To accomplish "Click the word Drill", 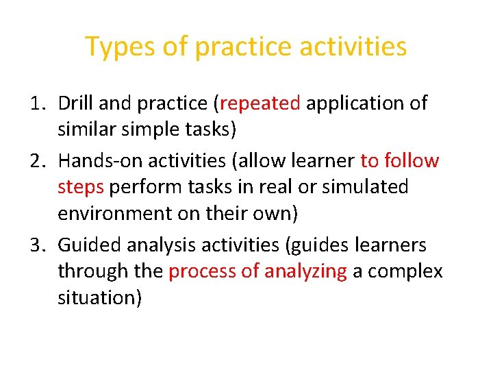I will click(x=75, y=103).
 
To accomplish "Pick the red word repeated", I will click(x=260, y=103).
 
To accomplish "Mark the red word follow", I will click(x=412, y=161).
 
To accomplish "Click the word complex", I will click(x=405, y=271).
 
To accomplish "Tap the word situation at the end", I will click(x=100, y=297).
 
